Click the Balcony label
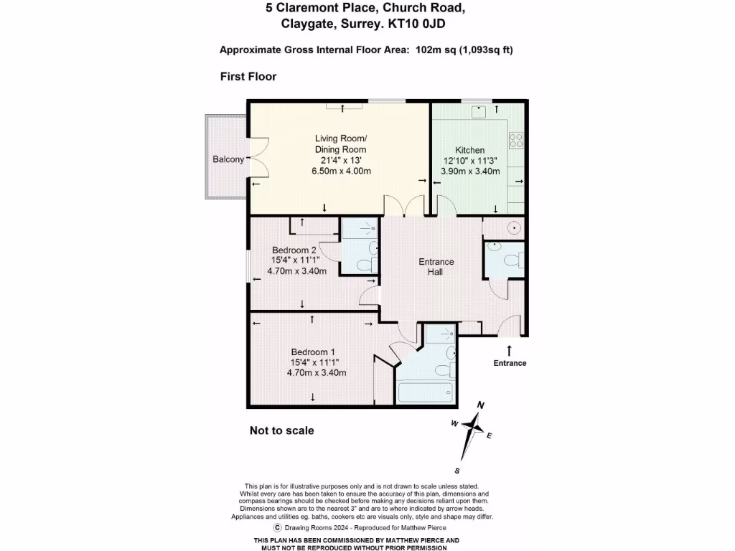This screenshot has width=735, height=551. [228, 159]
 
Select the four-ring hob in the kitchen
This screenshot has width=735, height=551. [517, 139]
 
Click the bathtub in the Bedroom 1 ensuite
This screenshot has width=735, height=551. [426, 392]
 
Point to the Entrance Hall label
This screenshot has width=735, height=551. [436, 267]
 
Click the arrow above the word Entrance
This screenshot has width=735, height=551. [510, 349]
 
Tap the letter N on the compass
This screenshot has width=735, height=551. [481, 406]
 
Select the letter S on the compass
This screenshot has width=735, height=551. [457, 471]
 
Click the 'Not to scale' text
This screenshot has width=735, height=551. [281, 430]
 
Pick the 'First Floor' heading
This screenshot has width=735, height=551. [248, 77]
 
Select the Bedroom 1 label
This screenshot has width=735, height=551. [313, 352]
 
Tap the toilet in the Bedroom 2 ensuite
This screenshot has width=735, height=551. [365, 264]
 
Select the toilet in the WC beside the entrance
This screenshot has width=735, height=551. [512, 260]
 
